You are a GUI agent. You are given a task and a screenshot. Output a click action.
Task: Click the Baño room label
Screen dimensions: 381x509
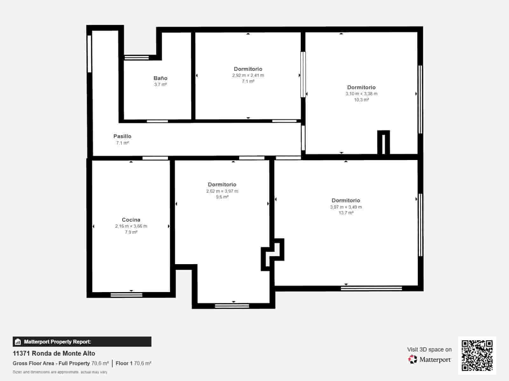click(x=160, y=78)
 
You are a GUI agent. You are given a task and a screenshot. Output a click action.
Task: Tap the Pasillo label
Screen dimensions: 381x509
click(x=122, y=136)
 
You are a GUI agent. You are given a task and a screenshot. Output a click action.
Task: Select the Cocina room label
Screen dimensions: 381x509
click(x=131, y=220)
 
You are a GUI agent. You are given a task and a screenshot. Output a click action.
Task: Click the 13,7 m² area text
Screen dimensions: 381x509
click(x=346, y=213)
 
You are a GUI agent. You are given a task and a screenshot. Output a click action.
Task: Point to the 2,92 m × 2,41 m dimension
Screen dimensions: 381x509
click(x=248, y=75)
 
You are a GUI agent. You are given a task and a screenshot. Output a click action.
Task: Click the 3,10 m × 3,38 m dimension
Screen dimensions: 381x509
click(x=361, y=94)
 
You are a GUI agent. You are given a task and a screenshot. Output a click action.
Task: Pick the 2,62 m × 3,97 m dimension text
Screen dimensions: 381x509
click(x=222, y=191)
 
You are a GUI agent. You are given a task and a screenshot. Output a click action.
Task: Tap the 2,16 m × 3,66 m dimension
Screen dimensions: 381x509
click(x=131, y=226)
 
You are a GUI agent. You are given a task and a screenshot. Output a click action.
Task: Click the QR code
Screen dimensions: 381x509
click(x=477, y=356)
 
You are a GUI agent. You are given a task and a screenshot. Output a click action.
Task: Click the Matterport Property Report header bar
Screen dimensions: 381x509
click(x=82, y=342)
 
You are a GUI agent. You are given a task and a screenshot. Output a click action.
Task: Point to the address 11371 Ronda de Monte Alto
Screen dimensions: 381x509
click(x=54, y=353)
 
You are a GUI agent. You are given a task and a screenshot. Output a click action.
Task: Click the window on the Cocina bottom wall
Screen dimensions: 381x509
click(x=126, y=295)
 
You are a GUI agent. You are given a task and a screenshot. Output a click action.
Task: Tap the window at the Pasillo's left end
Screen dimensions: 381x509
click(x=89, y=54)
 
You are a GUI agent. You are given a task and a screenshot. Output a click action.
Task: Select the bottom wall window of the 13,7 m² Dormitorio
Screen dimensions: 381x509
click(x=371, y=288)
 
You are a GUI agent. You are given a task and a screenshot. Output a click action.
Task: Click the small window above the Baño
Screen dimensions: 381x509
click(x=136, y=57)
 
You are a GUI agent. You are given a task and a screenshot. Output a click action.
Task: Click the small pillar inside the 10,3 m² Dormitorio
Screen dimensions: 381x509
click(x=383, y=143)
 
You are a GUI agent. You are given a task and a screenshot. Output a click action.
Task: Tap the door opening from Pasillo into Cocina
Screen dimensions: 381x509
click(x=155, y=158)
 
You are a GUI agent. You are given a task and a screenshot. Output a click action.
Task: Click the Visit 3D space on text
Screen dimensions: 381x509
click(x=429, y=349)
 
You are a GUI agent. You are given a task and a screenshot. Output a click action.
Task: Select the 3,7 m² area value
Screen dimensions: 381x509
click(x=160, y=84)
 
